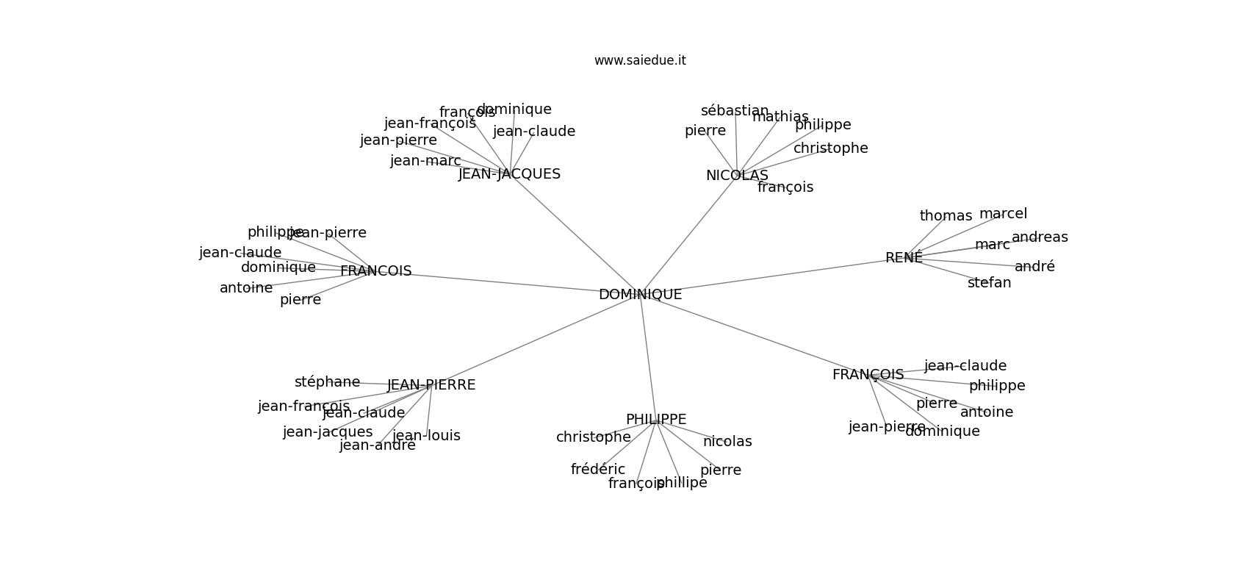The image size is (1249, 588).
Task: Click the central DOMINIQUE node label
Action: [640, 295]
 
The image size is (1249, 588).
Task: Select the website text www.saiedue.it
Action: [640, 60]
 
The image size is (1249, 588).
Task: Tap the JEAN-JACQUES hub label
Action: [509, 174]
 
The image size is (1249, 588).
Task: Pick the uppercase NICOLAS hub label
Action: [737, 176]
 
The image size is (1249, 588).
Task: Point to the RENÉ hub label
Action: [904, 258]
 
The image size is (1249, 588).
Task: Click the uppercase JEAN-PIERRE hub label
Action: [431, 385]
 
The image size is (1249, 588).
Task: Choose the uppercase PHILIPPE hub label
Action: [656, 420]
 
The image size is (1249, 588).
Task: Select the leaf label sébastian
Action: [735, 111]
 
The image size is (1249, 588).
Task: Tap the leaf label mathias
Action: [780, 117]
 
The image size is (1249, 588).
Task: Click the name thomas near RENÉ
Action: [946, 216]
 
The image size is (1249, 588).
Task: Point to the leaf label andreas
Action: [1040, 237]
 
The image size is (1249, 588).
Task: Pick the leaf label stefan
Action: [989, 283]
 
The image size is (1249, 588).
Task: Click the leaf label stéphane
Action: [327, 382]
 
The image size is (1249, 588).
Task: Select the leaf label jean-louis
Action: [426, 436]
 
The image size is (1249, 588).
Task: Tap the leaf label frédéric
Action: [598, 470]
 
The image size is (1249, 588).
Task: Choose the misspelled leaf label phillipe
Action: [682, 483]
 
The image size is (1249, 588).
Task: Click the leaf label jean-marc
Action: [425, 161]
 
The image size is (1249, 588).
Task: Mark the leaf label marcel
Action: [1003, 214]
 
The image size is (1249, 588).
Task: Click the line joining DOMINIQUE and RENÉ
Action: [771, 276]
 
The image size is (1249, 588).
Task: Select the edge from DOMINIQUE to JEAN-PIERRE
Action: [536, 340]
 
